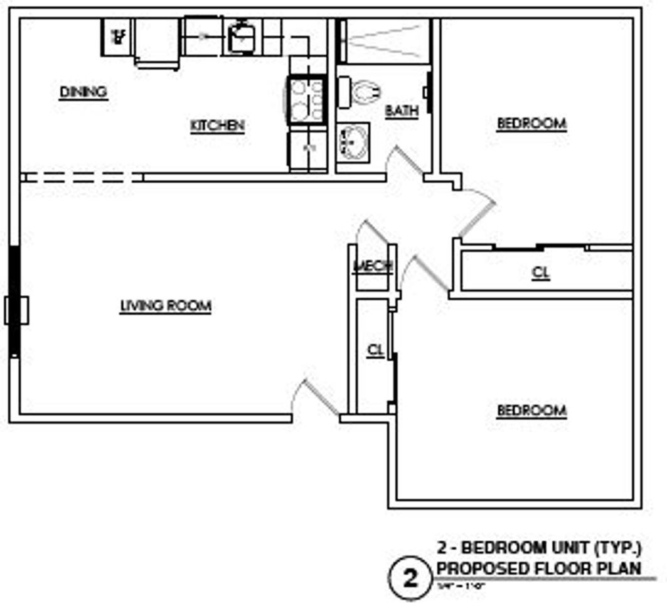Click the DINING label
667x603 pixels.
(x=83, y=92)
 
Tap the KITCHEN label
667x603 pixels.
(x=217, y=126)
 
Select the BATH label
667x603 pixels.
(x=402, y=111)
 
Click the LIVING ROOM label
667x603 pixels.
(x=166, y=306)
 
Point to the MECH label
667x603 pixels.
(x=373, y=266)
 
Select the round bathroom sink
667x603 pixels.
(x=353, y=142)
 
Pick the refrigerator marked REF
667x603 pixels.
(x=117, y=36)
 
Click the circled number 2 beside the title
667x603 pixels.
(x=410, y=578)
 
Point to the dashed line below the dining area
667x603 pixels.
(x=82, y=177)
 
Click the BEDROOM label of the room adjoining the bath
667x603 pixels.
(x=531, y=124)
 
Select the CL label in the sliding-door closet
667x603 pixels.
(x=541, y=273)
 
